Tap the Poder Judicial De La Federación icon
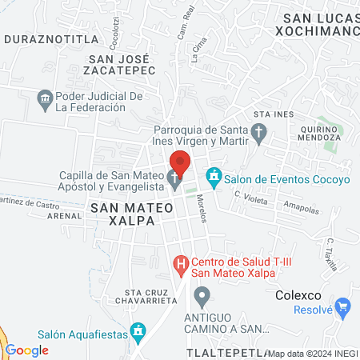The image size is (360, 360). [x=45, y=100]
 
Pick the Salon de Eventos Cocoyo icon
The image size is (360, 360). [x=214, y=174]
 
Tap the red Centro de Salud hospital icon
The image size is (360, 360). [x=182, y=262]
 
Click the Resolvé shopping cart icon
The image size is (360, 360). [x=343, y=306]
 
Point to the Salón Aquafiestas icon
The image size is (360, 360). [x=138, y=330]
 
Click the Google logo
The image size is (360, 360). [x=27, y=350]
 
